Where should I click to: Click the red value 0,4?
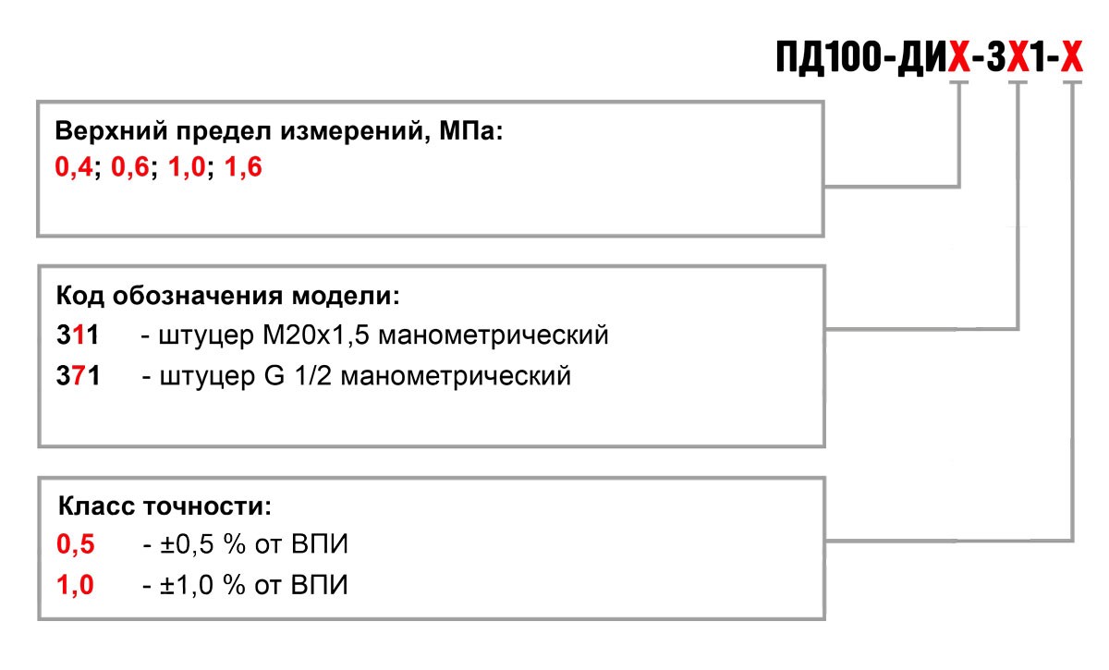(x=73, y=167)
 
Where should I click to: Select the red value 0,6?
(x=129, y=167)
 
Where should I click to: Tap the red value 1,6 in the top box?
(x=243, y=166)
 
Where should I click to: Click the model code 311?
(x=78, y=335)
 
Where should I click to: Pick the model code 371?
(x=78, y=375)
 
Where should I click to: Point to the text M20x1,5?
(x=316, y=335)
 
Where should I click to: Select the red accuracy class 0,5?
(x=75, y=544)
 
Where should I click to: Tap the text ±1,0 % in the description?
(x=202, y=585)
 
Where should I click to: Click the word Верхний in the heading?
(x=112, y=131)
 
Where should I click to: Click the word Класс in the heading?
(x=96, y=506)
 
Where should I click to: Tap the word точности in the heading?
(x=207, y=506)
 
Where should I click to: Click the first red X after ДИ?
(x=959, y=57)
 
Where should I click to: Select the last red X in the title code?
(x=1072, y=57)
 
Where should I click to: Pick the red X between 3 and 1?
(x=1018, y=57)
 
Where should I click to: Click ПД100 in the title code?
(x=828, y=58)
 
